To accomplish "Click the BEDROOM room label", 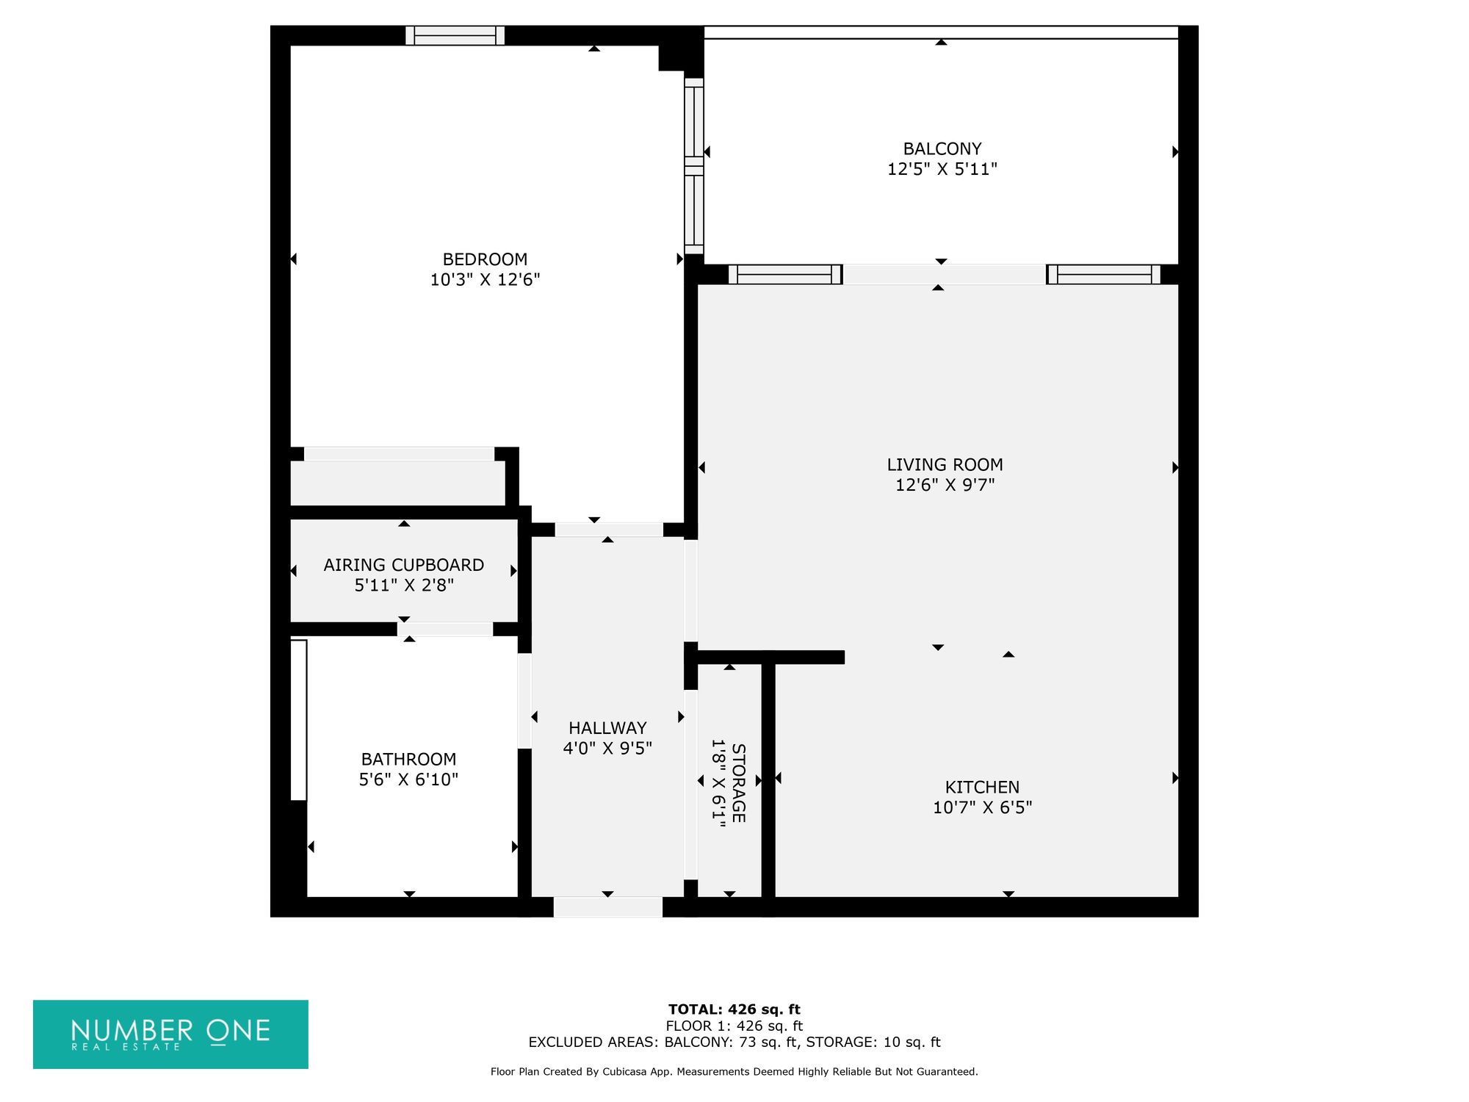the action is (485, 259).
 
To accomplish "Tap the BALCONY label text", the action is (942, 148).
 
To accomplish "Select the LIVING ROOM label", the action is (945, 464).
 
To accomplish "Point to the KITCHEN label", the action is (982, 787).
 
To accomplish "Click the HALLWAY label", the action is (607, 728).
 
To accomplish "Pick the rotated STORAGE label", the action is (738, 783).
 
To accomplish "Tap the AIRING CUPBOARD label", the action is (404, 565).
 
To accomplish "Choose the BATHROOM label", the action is (408, 759).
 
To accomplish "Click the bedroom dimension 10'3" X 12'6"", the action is (485, 280).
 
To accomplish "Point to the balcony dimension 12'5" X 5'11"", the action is (942, 169).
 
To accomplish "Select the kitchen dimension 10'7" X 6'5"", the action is (982, 807).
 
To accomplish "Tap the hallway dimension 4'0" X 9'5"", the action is (607, 749).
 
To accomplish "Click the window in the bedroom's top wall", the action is (455, 35).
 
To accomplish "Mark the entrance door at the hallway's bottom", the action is (607, 907).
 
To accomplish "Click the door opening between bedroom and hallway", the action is (609, 530).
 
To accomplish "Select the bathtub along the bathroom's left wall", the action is (298, 720).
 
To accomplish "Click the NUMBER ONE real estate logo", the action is (170, 1034).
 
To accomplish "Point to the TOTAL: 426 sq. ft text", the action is (734, 1009).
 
